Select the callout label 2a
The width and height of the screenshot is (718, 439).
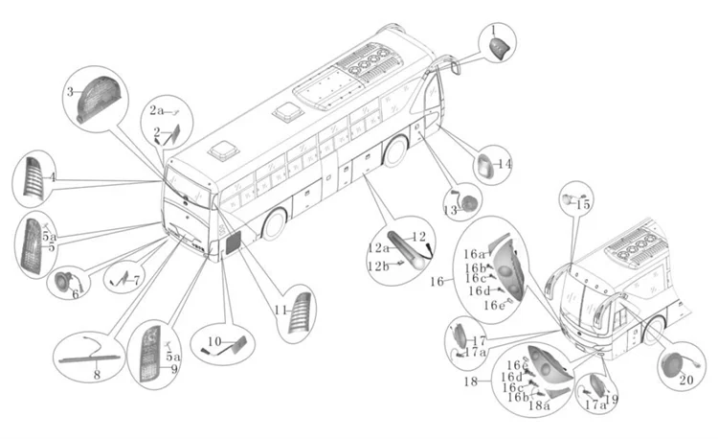click(x=156, y=110)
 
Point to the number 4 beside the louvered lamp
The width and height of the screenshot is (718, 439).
click(x=54, y=177)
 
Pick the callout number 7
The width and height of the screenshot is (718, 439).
click(x=137, y=280)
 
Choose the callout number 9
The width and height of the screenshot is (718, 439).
click(x=174, y=368)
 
